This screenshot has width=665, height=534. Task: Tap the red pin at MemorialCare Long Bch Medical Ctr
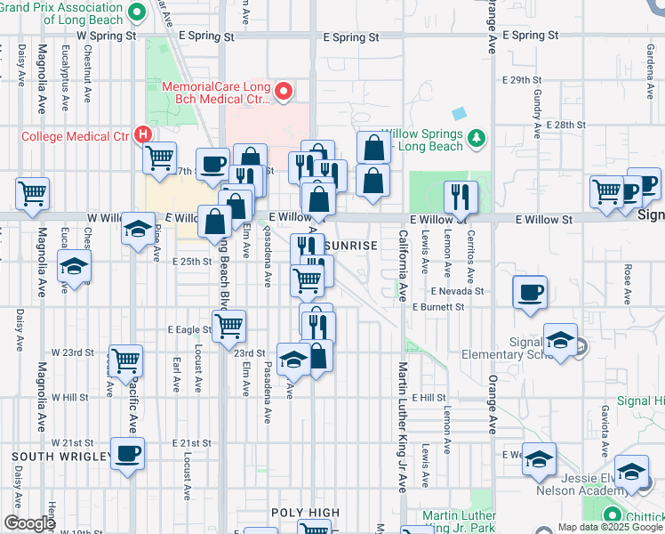click(x=284, y=90)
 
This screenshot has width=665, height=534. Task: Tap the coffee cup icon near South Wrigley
click(x=126, y=453)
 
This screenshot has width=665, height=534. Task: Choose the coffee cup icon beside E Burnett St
click(x=529, y=293)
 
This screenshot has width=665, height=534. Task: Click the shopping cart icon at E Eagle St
click(x=229, y=326)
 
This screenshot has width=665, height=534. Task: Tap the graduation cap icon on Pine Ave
click(x=139, y=230)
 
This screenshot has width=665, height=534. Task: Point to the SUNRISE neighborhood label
click(x=352, y=245)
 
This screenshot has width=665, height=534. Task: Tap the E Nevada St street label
click(x=457, y=291)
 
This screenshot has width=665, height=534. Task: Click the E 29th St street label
click(x=522, y=80)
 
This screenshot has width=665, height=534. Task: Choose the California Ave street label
click(x=403, y=265)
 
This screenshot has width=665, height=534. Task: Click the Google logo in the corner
click(x=29, y=523)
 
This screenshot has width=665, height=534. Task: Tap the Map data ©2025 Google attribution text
click(x=609, y=527)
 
